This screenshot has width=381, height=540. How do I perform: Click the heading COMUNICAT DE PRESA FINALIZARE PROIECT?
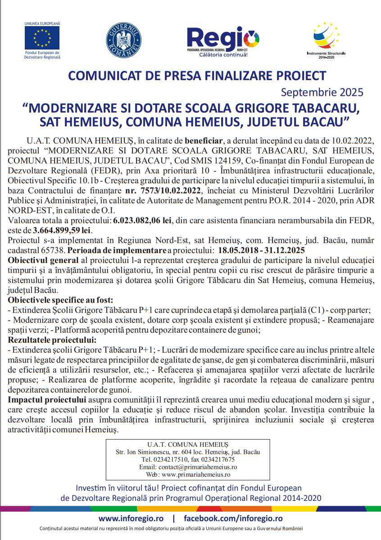click(x=196, y=75)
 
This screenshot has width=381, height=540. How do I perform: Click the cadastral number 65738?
click(x=50, y=249)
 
